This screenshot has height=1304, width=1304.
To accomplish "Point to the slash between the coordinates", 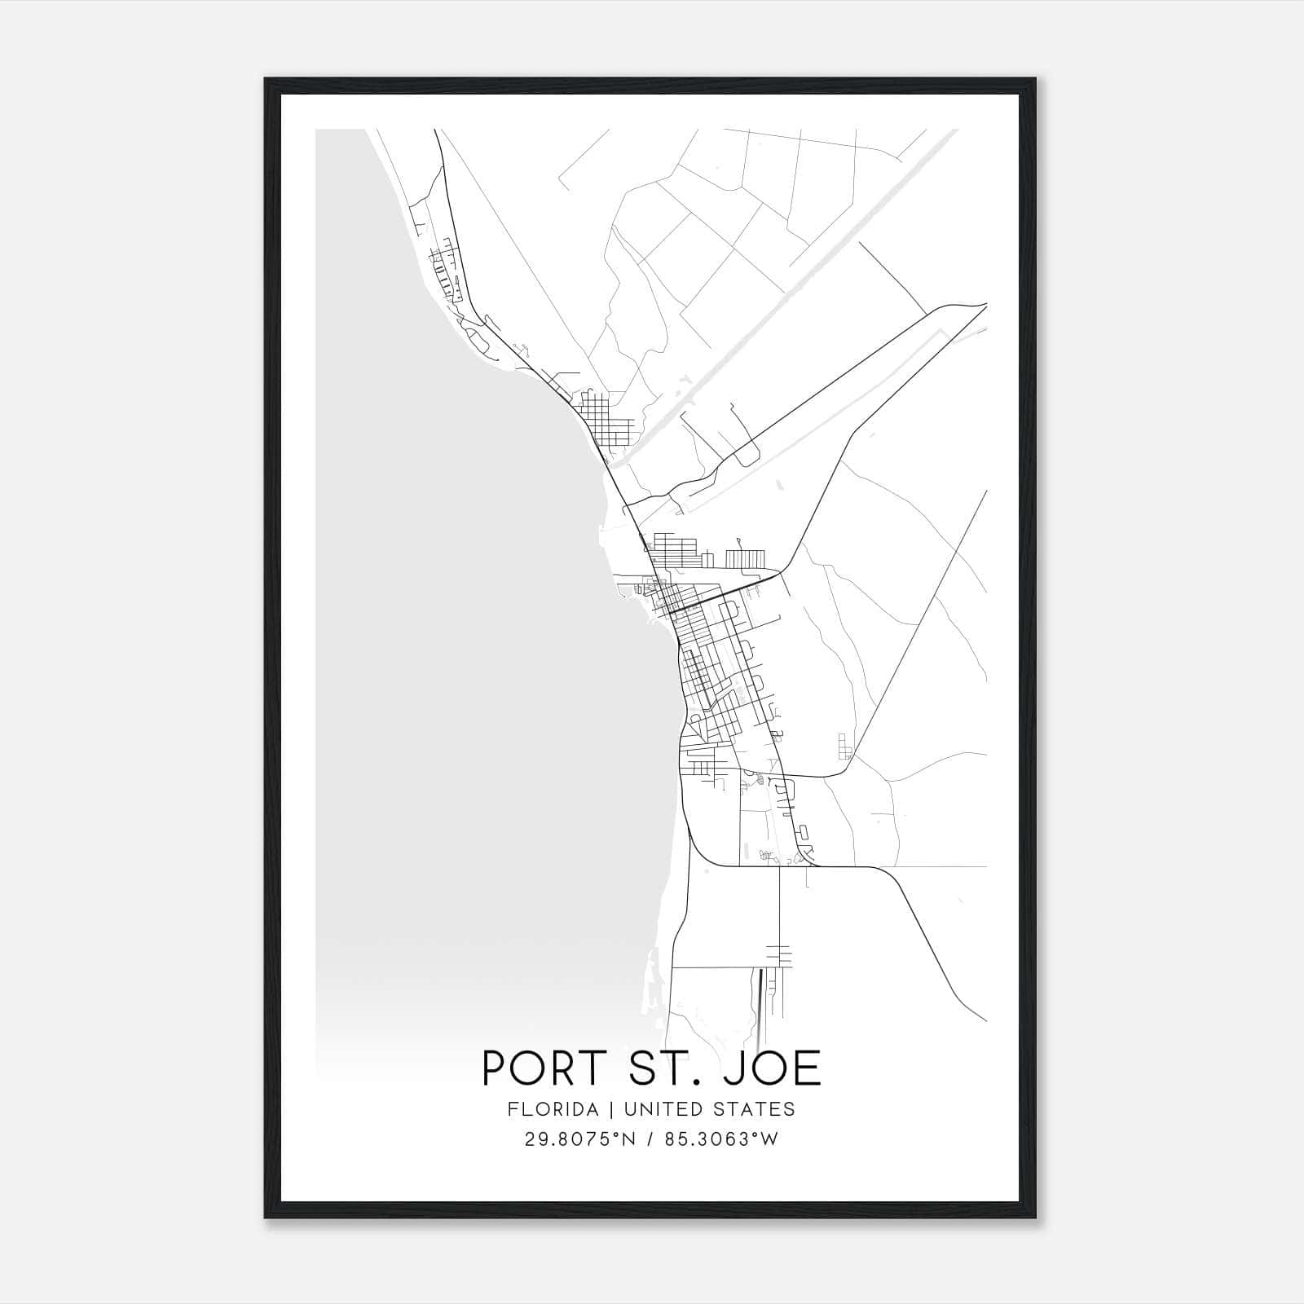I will [651, 1139].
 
